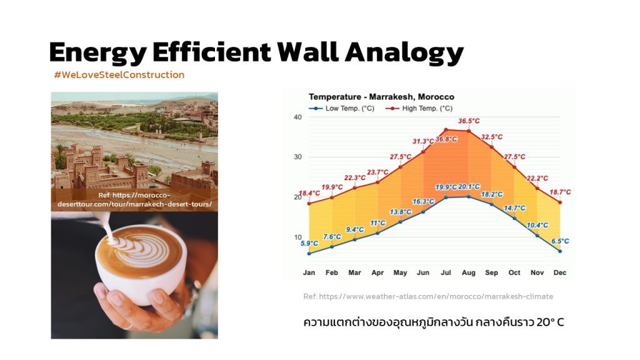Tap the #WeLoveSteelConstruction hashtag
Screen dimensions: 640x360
point(119,75)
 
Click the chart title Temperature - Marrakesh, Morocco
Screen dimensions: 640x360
point(381,97)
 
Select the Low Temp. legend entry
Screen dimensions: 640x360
point(342,109)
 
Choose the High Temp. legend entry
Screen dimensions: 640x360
point(419,109)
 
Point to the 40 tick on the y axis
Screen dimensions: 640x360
point(298,117)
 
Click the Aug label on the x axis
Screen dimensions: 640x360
point(469,272)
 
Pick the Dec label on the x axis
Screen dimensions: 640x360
point(560,272)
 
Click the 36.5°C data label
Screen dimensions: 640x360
point(469,121)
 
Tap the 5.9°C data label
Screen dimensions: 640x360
point(309,243)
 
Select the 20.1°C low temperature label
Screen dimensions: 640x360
point(469,186)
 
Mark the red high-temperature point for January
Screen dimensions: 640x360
point(309,203)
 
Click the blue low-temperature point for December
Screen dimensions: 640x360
point(560,251)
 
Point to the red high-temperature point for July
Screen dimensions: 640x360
point(446,130)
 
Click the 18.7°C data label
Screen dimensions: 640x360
point(560,192)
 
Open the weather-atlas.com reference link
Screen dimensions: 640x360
point(428,296)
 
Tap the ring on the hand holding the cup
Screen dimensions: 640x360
point(128,326)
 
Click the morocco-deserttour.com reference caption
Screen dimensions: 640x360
point(135,199)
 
